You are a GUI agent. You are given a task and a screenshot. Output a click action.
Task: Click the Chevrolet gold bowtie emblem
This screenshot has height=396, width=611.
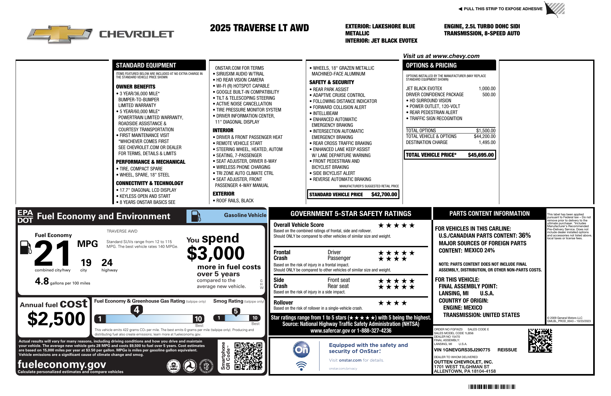coord(60,34)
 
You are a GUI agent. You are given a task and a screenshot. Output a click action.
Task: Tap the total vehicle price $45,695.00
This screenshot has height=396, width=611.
coord(481,155)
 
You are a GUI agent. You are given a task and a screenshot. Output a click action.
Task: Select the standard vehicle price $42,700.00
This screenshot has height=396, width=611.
coord(384,194)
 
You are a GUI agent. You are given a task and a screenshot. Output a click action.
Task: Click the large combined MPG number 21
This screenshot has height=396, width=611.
coord(53,253)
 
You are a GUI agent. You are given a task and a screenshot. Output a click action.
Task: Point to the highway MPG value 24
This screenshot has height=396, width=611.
coord(107,263)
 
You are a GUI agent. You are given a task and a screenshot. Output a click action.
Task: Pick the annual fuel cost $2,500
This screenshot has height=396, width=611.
coord(56,319)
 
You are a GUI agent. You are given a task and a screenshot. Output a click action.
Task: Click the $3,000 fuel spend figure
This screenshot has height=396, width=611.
coord(216,254)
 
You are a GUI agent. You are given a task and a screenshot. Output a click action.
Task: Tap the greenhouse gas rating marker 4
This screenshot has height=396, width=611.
coord(137,310)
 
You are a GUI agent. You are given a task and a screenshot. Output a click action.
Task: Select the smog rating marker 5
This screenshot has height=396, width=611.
coord(236,311)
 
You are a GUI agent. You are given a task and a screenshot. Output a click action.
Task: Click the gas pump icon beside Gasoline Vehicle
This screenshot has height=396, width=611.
coord(196,216)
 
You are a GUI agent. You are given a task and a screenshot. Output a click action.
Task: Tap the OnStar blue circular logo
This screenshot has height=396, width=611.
coord(301,349)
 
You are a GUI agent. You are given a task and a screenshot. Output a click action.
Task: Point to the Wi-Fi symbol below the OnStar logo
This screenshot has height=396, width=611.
coord(301,366)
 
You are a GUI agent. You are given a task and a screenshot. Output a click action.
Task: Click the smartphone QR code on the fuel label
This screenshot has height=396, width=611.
coord(248,356)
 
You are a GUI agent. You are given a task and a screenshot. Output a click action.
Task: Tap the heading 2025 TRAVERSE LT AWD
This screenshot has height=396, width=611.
coord(259,28)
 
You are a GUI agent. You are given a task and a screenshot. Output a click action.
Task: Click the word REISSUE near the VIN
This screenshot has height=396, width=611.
coord(507,350)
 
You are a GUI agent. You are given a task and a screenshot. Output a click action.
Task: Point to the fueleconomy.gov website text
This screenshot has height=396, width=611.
coord(62,364)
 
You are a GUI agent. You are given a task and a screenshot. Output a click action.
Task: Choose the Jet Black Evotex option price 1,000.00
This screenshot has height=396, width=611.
coord(487,89)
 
